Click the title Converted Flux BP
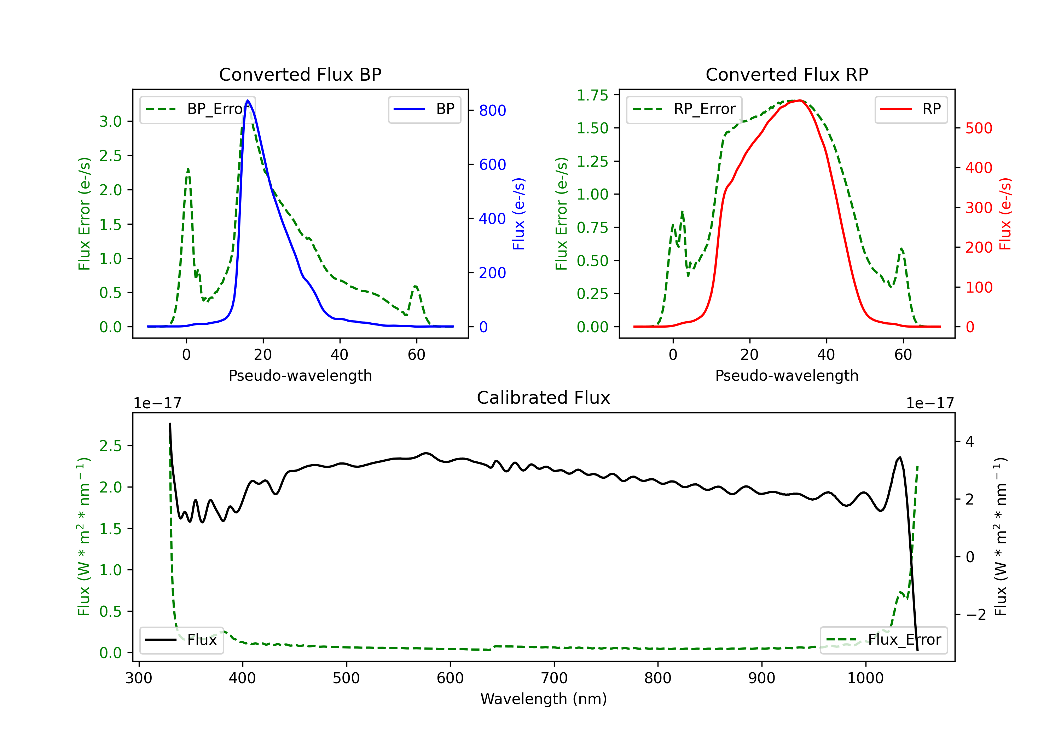coord(300,74)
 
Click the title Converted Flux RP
coord(787,74)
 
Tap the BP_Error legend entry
coord(197,109)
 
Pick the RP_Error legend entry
coord(684,109)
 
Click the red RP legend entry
coord(911,109)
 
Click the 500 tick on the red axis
coord(979,128)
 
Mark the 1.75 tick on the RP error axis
coord(592,95)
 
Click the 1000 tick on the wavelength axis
coord(865,678)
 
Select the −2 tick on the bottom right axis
coord(975,615)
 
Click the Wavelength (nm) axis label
coord(544,699)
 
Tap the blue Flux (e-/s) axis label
coord(518,214)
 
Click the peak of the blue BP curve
coord(248,100)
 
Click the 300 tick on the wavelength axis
coord(139,678)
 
